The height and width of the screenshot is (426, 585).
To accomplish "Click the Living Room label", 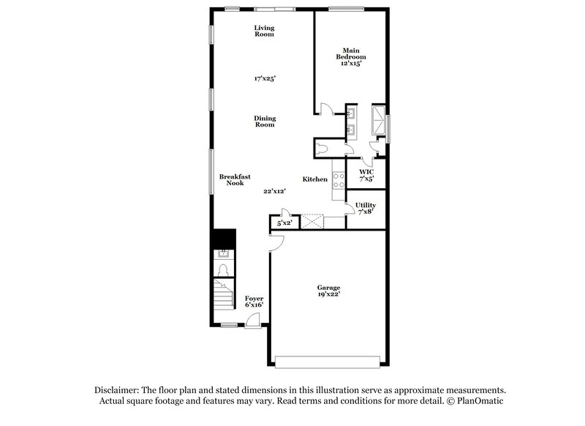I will click(x=264, y=31).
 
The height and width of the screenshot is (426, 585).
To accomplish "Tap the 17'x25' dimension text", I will click(x=264, y=78).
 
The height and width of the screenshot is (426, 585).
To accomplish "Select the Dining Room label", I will click(x=264, y=121).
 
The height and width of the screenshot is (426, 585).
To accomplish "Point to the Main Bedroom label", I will click(x=350, y=56).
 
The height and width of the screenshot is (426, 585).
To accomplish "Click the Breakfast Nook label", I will click(x=234, y=179).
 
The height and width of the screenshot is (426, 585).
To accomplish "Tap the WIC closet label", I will click(x=366, y=175).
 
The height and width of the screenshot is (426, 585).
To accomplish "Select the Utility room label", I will click(x=366, y=208).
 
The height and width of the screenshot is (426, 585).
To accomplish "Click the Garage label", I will click(x=328, y=291).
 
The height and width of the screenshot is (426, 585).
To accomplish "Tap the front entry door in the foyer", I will click(x=252, y=319).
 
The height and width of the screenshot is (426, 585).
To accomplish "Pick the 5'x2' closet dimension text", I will click(x=284, y=223).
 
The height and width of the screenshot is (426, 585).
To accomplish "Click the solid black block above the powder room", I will click(x=223, y=239).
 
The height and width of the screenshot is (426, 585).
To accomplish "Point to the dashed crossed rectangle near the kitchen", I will click(x=312, y=222).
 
